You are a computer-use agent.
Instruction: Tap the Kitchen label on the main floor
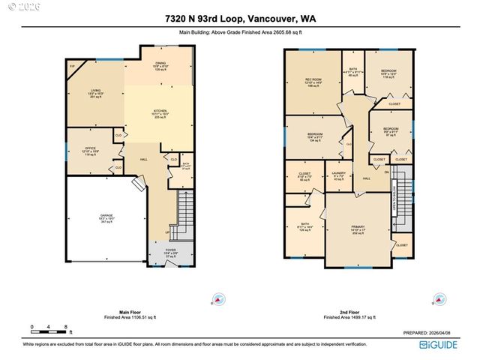pyautogui.click(x=159, y=113)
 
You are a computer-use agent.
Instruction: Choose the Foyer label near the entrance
pyautogui.click(x=171, y=253)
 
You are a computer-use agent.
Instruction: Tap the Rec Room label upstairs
pyautogui.click(x=312, y=81)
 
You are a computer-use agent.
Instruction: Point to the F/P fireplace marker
pyautogui.click(x=73, y=67)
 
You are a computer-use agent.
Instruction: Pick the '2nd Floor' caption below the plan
pyautogui.click(x=349, y=313)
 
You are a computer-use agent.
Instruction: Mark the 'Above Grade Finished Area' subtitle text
pyautogui.click(x=240, y=33)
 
